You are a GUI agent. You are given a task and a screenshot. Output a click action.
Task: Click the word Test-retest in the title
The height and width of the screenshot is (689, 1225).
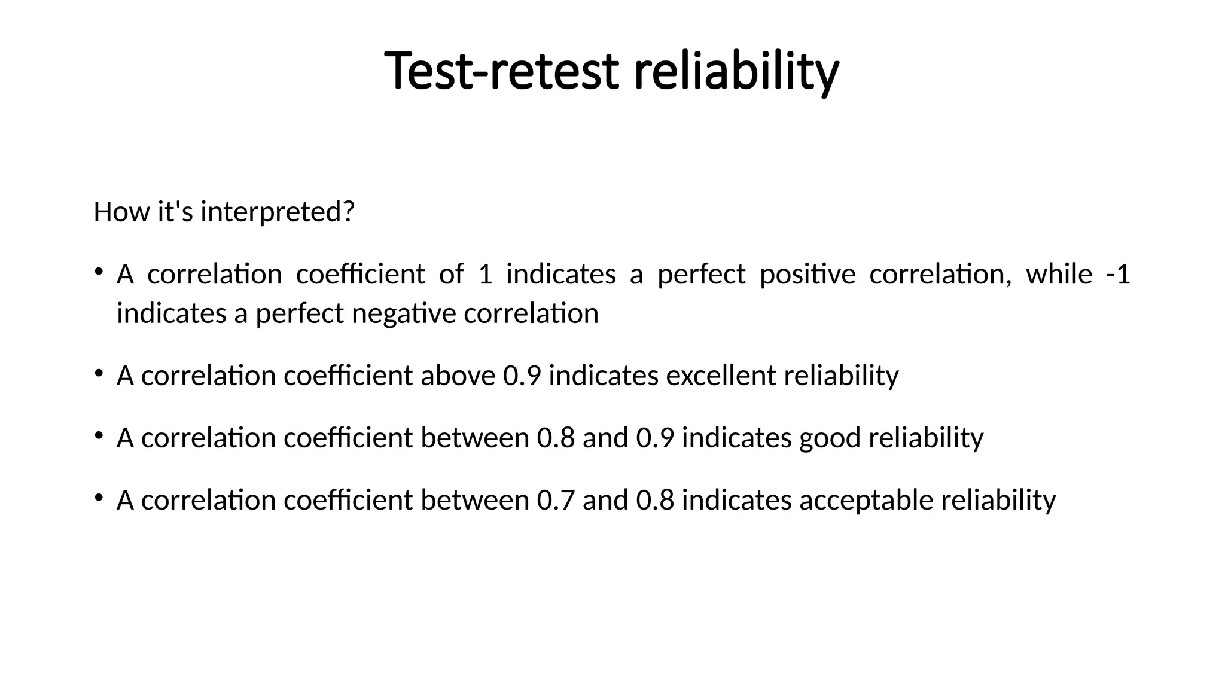click(501, 72)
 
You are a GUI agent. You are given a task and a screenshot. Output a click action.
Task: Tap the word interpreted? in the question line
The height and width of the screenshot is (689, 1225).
click(277, 212)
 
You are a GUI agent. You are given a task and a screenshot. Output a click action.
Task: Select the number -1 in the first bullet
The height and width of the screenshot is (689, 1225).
click(1118, 275)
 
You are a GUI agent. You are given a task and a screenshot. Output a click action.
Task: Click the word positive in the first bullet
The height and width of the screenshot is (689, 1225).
click(807, 275)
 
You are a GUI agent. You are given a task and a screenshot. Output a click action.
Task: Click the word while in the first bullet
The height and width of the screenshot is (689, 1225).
click(1059, 275)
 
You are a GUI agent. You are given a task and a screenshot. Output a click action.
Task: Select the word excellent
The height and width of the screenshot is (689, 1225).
click(721, 376)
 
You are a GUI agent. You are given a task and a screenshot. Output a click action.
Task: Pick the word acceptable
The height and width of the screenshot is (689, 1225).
click(866, 500)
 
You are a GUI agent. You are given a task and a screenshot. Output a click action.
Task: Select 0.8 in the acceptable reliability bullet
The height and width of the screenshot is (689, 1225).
click(655, 500)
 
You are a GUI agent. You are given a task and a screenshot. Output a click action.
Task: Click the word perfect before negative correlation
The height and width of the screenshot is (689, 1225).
click(300, 313)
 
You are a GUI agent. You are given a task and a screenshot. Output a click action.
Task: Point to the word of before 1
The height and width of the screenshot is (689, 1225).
click(451, 275)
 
